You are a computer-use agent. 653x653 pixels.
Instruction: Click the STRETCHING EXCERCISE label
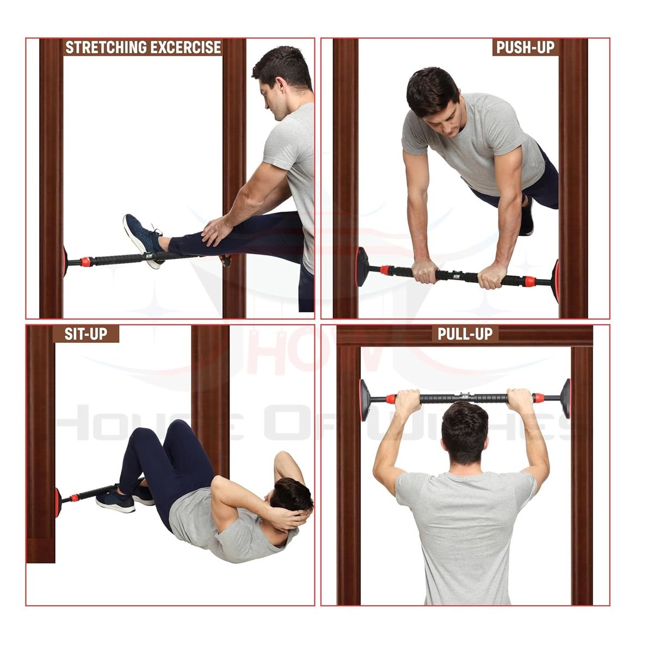[x=143, y=47]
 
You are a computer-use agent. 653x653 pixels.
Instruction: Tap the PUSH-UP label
[x=526, y=47]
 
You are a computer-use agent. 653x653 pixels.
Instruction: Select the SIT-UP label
[x=86, y=334]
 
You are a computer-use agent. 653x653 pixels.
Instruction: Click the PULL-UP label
[x=465, y=334]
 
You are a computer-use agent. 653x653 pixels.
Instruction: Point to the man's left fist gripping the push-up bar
[x=425, y=270]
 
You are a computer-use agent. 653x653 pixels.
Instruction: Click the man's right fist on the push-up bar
[x=492, y=276]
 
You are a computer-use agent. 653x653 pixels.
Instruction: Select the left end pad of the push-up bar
[x=362, y=267]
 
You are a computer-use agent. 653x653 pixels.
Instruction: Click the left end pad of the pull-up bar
[x=365, y=400]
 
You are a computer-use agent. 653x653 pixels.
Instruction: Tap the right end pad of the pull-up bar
[x=565, y=398]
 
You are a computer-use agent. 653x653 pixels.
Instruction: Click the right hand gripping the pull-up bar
[x=520, y=400]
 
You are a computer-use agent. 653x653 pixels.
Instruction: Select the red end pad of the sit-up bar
[x=58, y=502]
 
